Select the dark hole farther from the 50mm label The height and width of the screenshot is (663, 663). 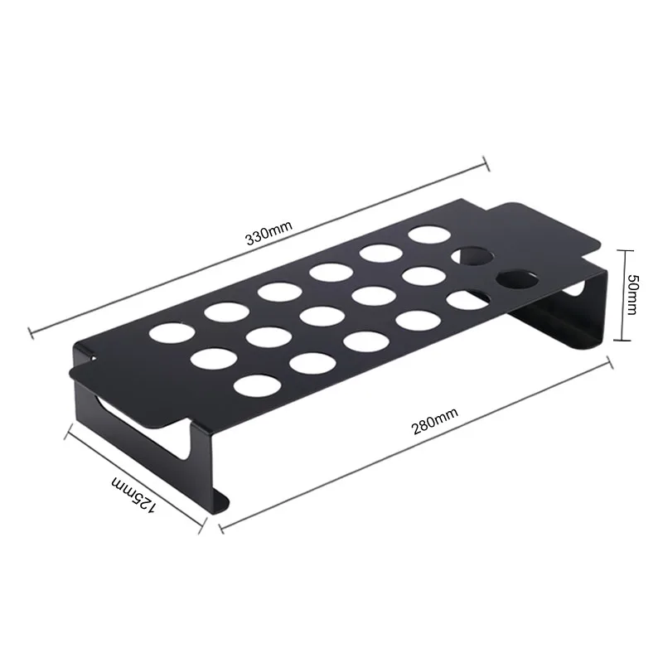(x=468, y=257)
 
